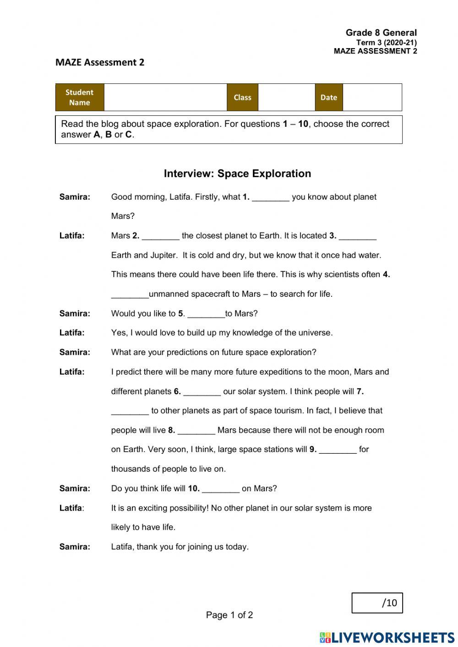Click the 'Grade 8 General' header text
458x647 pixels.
tap(381, 33)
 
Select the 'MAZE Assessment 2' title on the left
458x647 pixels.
tap(100, 62)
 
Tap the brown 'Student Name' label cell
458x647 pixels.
tap(80, 98)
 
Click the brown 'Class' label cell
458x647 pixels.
tap(242, 98)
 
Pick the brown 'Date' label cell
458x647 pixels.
tap(328, 98)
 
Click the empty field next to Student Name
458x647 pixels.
tap(165, 98)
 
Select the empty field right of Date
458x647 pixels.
tap(372, 98)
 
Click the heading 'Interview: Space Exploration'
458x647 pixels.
tap(237, 174)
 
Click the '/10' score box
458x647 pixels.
tap(377, 603)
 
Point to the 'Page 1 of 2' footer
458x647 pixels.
tap(229, 615)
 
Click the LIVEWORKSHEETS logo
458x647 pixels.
tap(387, 637)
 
